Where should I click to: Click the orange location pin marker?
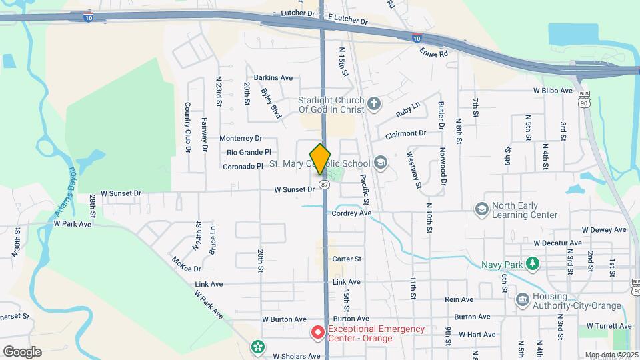321,159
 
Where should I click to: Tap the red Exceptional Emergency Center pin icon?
319,331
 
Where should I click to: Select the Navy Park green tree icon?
532,265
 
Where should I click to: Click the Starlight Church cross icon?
374,103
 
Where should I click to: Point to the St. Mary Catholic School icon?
380,163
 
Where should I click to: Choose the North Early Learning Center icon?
481,210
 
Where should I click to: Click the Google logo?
21,351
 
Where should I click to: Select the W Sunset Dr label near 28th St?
119,193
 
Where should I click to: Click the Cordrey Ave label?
351,213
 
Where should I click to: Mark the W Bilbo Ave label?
553,91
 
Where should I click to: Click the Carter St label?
347,259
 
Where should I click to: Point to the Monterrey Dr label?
241,139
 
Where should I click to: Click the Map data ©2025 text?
610,355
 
